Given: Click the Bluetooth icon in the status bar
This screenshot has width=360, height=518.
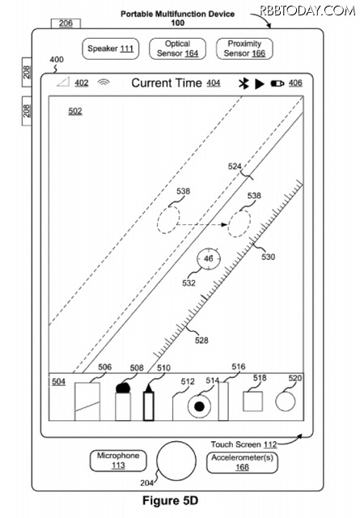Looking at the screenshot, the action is pos(244,83).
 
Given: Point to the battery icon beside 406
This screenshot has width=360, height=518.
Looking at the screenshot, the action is pos(277,83).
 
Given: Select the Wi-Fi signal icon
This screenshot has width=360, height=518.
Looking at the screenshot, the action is pos(104,83).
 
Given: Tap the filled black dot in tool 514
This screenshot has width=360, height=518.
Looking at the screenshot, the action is pos(199,406).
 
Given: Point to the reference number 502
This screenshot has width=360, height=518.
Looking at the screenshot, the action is pos(75,111).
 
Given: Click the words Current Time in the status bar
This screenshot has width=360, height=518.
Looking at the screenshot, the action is pos(167,83).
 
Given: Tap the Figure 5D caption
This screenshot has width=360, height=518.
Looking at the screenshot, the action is pos(170,500).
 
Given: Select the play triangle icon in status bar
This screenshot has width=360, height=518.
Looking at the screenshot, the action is pos(259,84).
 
